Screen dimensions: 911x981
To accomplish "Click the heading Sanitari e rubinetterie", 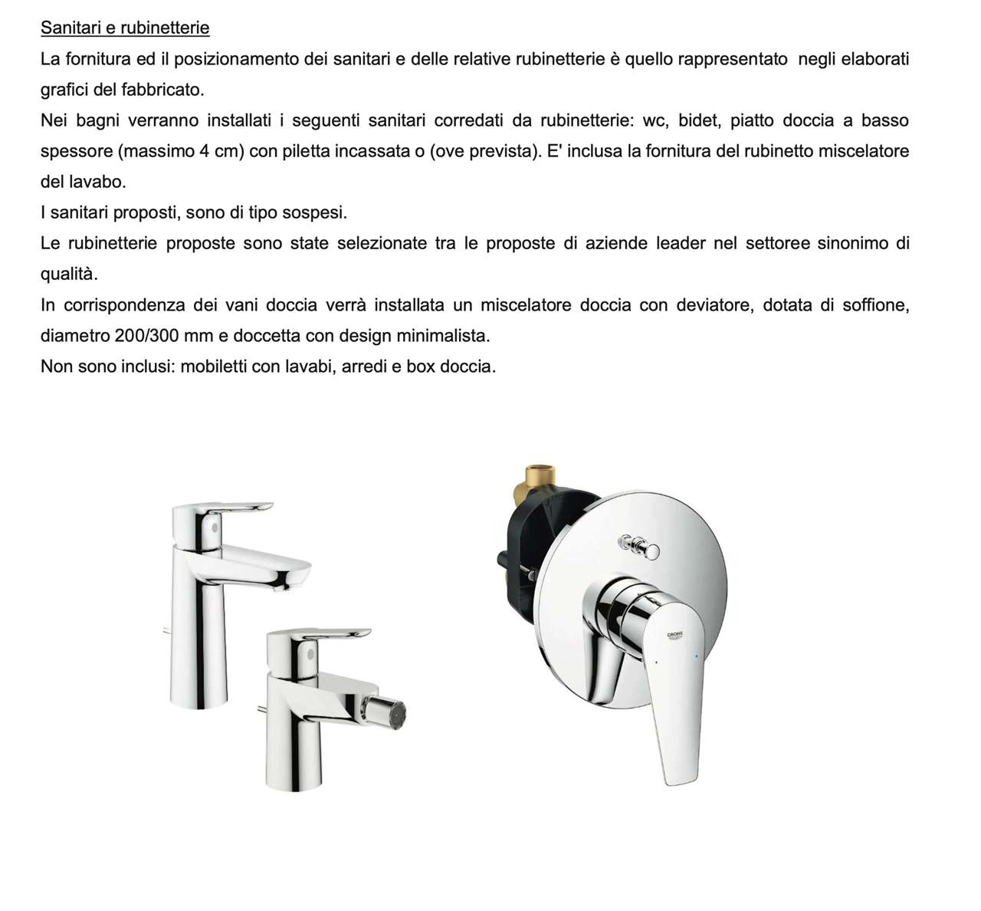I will [x=125, y=28].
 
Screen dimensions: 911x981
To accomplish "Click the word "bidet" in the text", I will [x=698, y=120].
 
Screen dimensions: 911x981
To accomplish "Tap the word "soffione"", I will [x=875, y=305].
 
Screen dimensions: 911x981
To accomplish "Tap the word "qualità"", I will [x=69, y=275].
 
